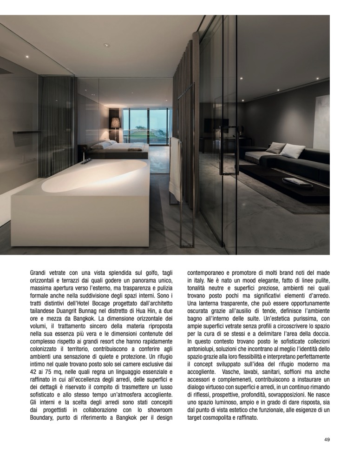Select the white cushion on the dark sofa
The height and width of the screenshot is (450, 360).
293,151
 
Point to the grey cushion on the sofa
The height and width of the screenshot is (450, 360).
275,148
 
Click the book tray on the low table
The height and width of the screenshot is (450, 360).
297,182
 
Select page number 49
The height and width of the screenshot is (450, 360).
327,439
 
